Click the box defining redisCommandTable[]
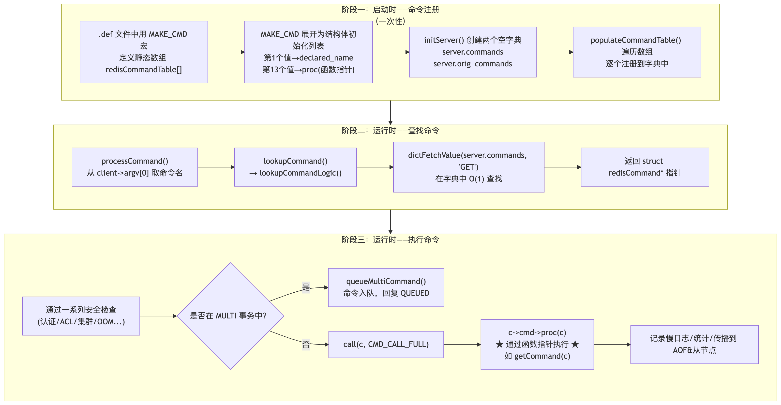(144, 52)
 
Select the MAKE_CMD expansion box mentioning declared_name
(308, 52)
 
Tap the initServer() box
(472, 52)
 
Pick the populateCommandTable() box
(637, 52)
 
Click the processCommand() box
(135, 167)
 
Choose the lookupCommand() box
(295, 167)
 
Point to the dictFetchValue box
(468, 167)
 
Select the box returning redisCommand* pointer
(645, 167)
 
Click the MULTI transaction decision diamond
(230, 316)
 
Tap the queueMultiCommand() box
(386, 287)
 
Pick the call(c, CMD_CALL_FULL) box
(386, 344)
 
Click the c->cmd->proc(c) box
(537, 344)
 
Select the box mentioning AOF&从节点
(694, 344)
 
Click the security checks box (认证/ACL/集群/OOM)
(81, 316)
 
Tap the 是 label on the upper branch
(306, 287)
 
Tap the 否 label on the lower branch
(306, 344)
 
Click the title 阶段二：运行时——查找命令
(390, 131)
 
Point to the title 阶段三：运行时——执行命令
(390, 240)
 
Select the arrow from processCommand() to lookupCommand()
(216, 167)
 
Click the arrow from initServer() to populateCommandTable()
(555, 52)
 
